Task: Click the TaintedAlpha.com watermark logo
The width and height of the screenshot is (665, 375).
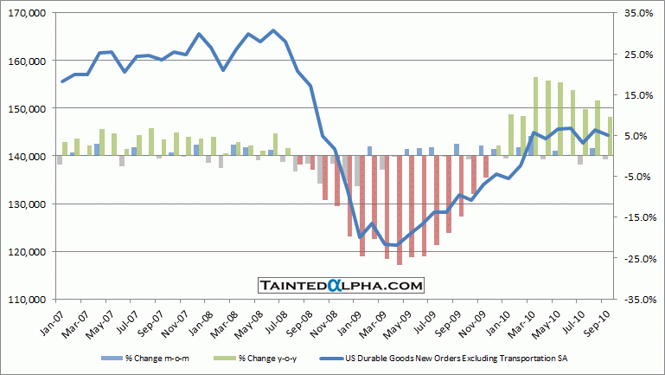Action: (341, 285)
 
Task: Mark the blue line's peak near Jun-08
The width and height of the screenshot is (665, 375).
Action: (272, 30)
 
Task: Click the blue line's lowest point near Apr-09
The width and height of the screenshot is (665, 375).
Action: (395, 245)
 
